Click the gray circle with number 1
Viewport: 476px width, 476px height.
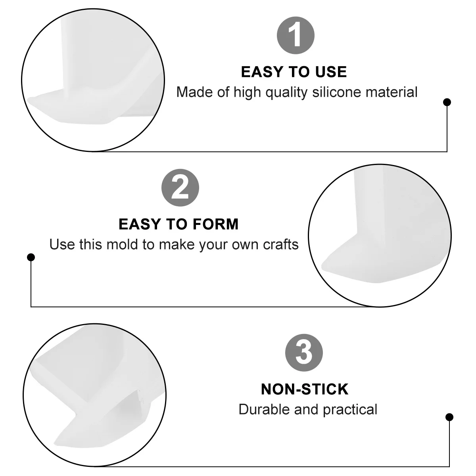coord(296,35)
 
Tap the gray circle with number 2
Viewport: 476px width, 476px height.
coord(180,188)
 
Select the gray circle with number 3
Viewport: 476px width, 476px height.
coord(304,352)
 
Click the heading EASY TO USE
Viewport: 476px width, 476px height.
coord(294,72)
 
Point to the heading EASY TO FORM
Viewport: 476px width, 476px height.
coord(178,224)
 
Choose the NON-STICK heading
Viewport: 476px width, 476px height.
coord(305,389)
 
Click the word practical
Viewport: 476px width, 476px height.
coord(350,409)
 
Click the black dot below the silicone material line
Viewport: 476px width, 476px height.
coord(447,102)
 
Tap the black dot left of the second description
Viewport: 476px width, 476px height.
coord(31,257)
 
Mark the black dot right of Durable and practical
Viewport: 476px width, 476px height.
coord(449,417)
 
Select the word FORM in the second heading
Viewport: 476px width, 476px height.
coord(217,224)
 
